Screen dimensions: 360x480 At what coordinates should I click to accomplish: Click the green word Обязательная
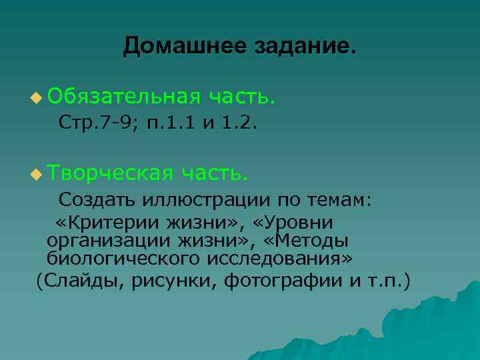point(123,97)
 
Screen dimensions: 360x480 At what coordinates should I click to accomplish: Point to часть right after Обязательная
point(241,97)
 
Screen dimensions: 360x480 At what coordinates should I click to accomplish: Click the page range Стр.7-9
point(98,123)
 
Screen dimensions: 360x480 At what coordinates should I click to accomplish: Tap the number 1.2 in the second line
point(241,123)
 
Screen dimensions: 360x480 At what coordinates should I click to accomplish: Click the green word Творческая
point(111,173)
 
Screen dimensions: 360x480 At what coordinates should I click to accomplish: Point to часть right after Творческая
point(215,173)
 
